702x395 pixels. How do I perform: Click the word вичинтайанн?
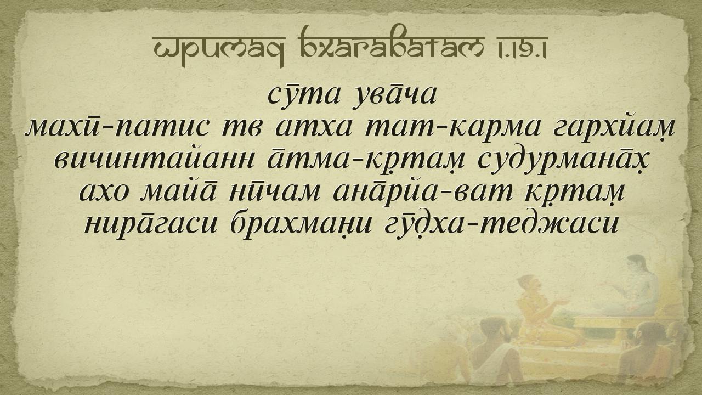154,161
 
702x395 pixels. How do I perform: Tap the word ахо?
104,193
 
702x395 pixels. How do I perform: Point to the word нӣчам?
275,193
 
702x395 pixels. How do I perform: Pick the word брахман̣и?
301,225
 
